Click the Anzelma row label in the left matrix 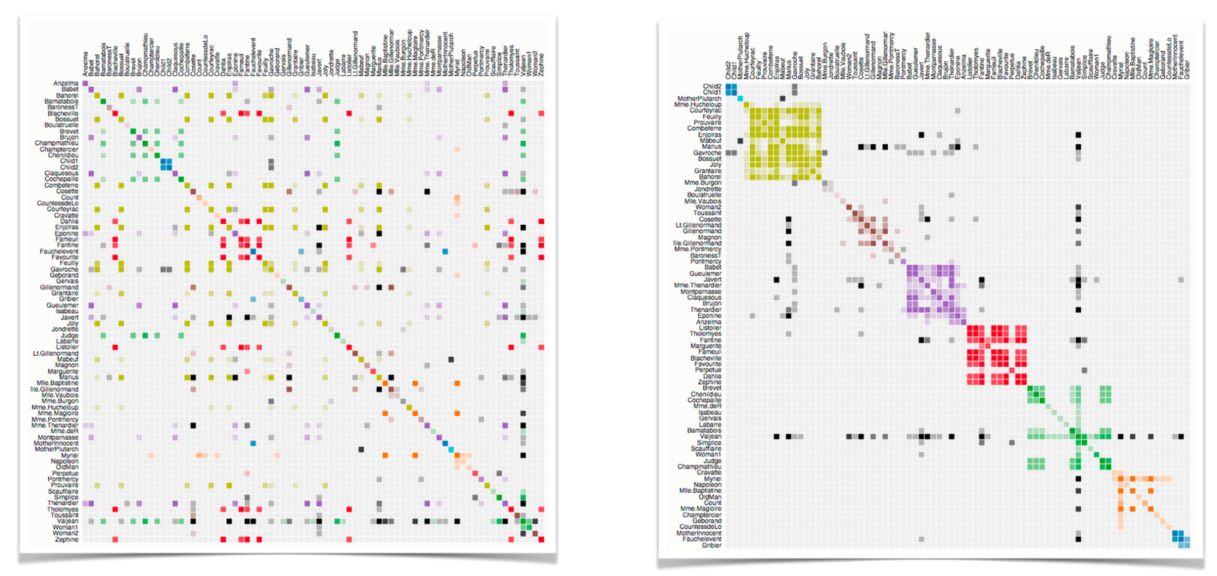point(67,83)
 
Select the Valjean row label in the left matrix point(68,521)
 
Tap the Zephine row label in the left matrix point(67,540)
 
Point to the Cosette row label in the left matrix point(68,191)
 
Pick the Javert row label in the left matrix point(69,317)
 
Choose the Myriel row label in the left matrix point(69,455)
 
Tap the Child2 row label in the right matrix point(712,86)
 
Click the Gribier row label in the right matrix point(711,544)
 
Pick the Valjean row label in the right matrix point(710,436)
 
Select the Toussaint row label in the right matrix point(708,213)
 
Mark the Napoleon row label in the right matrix point(708,484)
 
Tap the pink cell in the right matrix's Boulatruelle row point(837,195)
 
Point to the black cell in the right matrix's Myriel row point(1078,479)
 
